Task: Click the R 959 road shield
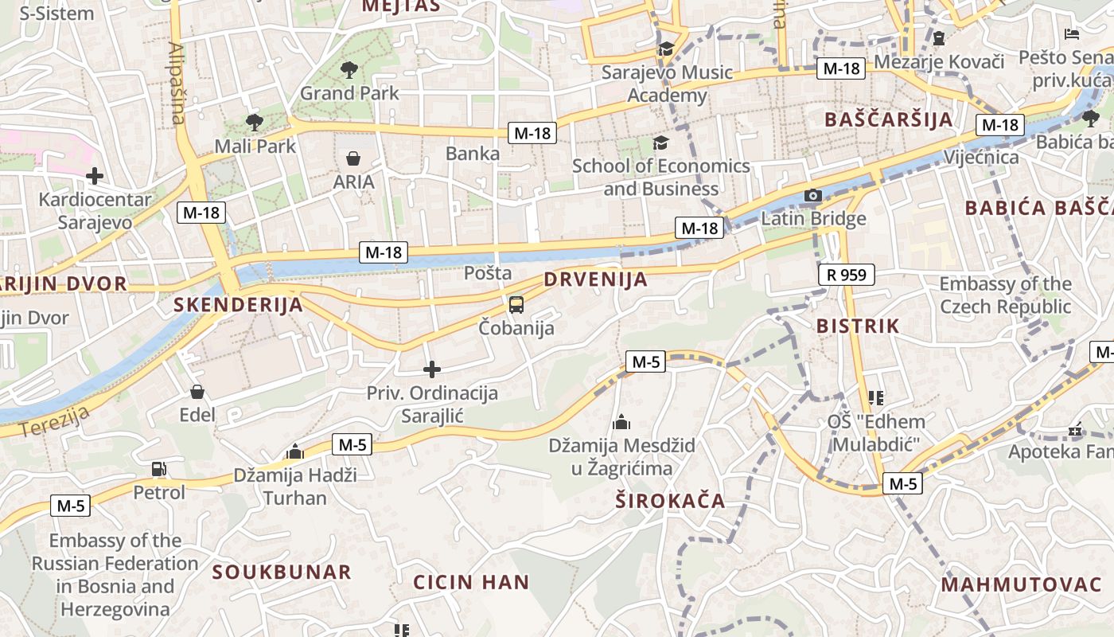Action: [846, 276]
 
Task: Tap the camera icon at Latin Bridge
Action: [812, 195]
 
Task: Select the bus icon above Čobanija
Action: [516, 304]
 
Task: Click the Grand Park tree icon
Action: [349, 70]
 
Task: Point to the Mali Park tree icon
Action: [255, 122]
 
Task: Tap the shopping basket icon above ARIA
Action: [353, 158]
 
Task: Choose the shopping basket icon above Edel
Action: [197, 392]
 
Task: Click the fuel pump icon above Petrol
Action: [158, 469]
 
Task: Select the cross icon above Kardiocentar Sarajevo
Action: [95, 175]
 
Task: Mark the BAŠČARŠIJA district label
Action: [889, 119]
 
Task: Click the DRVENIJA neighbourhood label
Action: [596, 280]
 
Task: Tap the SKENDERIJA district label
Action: [239, 304]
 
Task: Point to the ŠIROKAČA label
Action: [670, 501]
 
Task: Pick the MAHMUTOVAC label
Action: [1021, 584]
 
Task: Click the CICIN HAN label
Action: [471, 582]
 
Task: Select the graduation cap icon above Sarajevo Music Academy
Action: [665, 49]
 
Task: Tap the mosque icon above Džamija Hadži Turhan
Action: [295, 452]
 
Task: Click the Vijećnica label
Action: [981, 157]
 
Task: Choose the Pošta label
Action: [488, 273]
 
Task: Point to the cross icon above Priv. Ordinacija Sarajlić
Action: [431, 369]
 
